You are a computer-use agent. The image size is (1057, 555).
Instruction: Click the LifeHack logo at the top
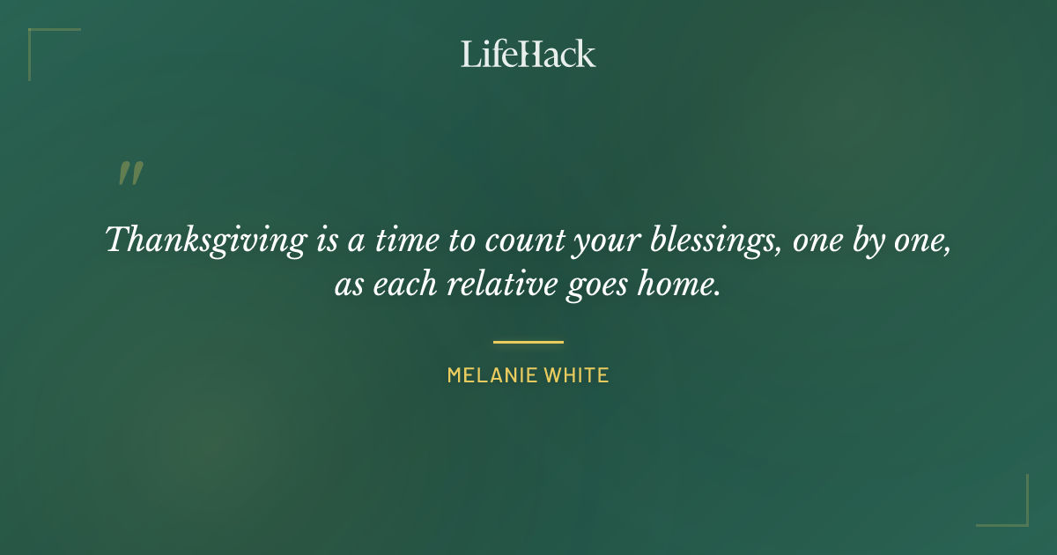(x=528, y=54)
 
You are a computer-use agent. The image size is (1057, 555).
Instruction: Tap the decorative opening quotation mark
(x=130, y=174)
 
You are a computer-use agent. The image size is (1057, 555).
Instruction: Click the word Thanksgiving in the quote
(x=204, y=240)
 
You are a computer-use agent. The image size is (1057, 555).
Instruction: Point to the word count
(x=520, y=240)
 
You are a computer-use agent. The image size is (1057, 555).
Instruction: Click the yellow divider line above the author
(x=528, y=342)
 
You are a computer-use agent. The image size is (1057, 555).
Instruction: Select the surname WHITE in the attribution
(x=576, y=375)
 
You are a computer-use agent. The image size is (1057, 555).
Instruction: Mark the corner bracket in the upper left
(x=35, y=36)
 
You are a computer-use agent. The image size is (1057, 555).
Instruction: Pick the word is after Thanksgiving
(x=325, y=240)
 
